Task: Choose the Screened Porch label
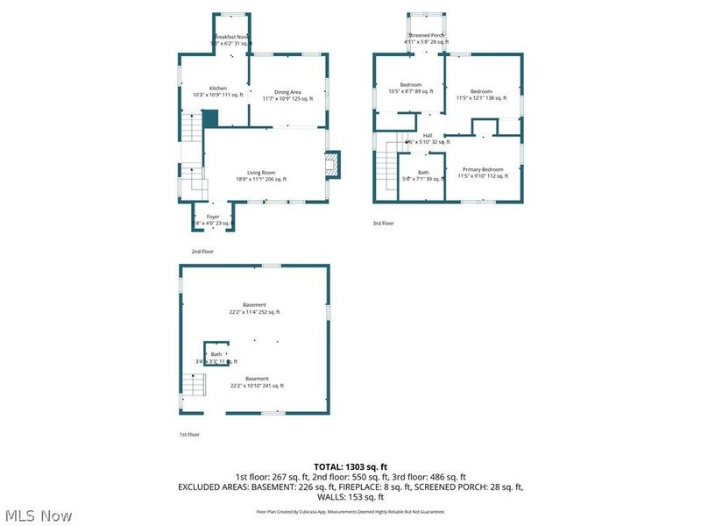(426, 38)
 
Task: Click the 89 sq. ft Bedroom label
(411, 88)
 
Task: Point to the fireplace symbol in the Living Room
(331, 165)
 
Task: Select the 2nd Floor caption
(202, 252)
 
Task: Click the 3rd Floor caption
(383, 224)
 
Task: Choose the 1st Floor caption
(189, 434)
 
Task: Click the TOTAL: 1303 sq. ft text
(350, 466)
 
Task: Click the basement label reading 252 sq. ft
(254, 309)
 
